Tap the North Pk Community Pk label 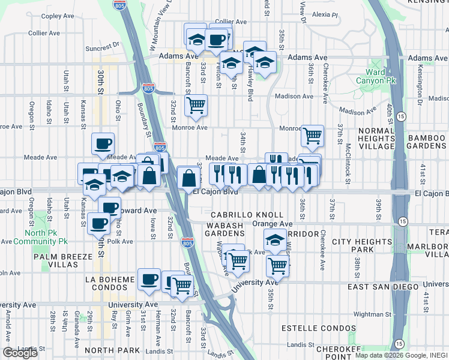46,237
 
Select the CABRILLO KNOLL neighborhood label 247,215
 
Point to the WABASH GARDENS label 225,229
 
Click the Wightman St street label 372,313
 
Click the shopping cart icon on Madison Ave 196,105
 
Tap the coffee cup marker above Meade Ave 103,143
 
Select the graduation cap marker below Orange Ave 275,241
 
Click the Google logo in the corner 20,353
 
